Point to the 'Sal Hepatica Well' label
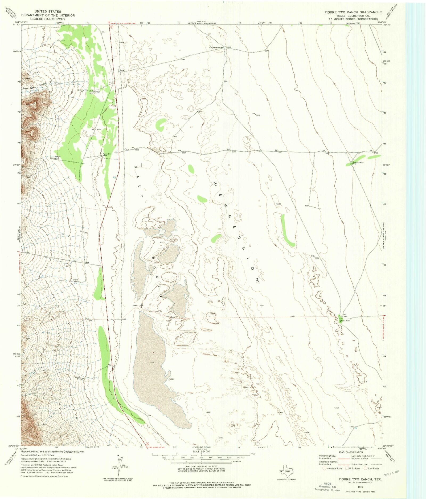click(217, 47)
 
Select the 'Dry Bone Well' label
click(357, 162)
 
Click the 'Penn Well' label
click(346, 321)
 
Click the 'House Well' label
click(58, 157)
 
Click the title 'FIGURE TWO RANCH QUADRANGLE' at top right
click(353, 12)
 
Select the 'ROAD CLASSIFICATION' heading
click(351, 452)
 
